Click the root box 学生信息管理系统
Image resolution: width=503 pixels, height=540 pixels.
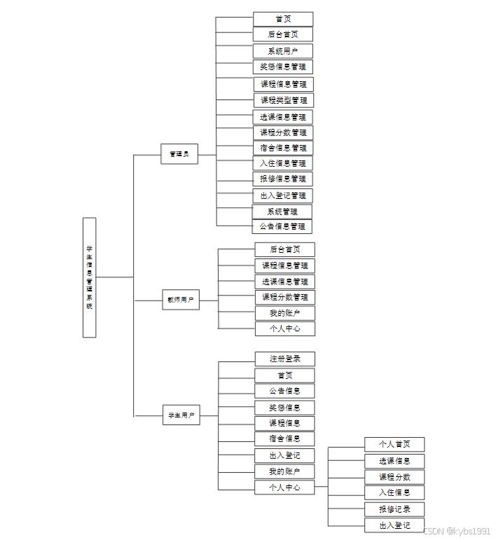click(89, 277)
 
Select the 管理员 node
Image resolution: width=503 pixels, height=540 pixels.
click(179, 153)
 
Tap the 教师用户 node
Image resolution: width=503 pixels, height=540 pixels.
click(181, 300)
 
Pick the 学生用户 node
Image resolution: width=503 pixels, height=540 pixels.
click(181, 415)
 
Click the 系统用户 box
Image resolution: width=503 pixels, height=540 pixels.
click(283, 51)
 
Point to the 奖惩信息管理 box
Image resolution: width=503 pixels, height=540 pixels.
click(283, 67)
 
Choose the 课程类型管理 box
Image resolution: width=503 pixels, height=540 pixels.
click(284, 100)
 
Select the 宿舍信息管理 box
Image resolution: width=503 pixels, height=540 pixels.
click(283, 148)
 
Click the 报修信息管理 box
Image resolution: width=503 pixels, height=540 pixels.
click(283, 179)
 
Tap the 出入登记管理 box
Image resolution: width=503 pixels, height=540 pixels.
click(283, 195)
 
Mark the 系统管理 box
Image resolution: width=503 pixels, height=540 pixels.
click(282, 212)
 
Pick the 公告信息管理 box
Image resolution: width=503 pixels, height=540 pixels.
click(282, 226)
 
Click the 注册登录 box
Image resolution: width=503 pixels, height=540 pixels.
click(285, 359)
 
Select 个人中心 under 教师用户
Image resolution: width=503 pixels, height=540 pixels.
click(285, 328)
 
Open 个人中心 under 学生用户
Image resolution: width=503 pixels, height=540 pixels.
click(284, 487)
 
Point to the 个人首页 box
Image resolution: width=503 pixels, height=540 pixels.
click(394, 444)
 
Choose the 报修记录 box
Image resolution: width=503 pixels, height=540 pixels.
click(394, 509)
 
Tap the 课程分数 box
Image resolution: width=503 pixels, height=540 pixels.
click(394, 477)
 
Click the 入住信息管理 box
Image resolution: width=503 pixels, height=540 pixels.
click(283, 163)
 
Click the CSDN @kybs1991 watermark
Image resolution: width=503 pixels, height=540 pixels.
click(457, 531)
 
